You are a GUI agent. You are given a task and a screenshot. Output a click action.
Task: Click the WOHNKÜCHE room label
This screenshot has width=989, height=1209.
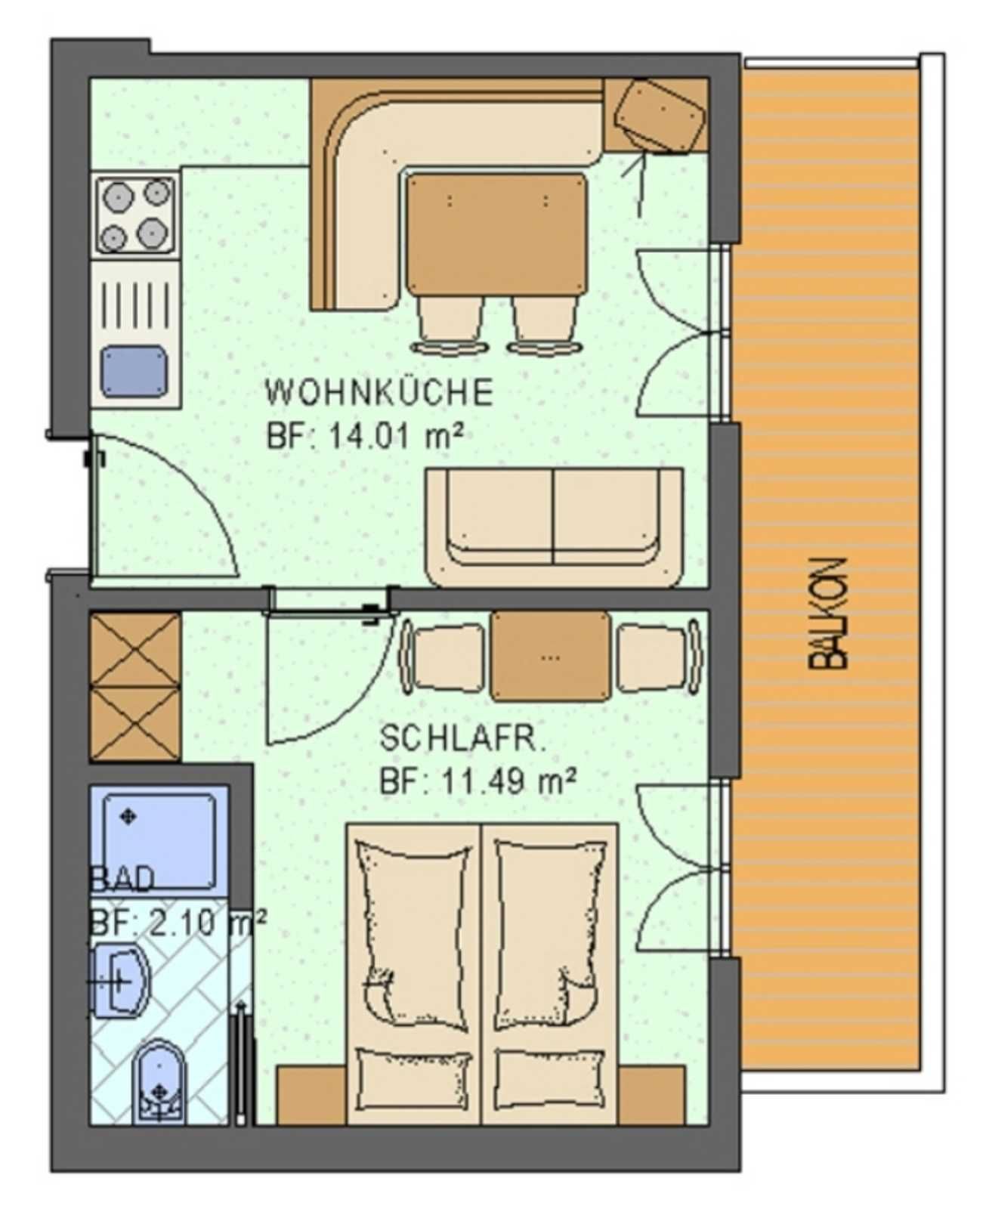(379, 392)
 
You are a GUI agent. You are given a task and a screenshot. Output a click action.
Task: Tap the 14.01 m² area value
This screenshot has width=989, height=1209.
(396, 438)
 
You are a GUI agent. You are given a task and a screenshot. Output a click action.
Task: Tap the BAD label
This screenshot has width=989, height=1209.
(122, 880)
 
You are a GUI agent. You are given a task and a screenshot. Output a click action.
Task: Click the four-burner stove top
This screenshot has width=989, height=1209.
(135, 215)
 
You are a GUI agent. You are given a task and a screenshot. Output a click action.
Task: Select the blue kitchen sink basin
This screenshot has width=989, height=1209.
(134, 372)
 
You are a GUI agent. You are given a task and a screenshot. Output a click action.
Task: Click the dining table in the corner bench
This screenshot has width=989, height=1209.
(496, 234)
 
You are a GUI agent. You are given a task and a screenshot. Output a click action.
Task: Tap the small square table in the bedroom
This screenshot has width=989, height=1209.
(551, 655)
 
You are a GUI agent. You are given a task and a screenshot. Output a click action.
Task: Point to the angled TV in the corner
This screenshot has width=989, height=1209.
(660, 116)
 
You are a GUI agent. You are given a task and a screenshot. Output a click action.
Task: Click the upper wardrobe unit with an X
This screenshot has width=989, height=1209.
(135, 650)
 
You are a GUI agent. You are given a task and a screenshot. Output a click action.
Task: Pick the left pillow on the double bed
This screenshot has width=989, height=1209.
(414, 1070)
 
